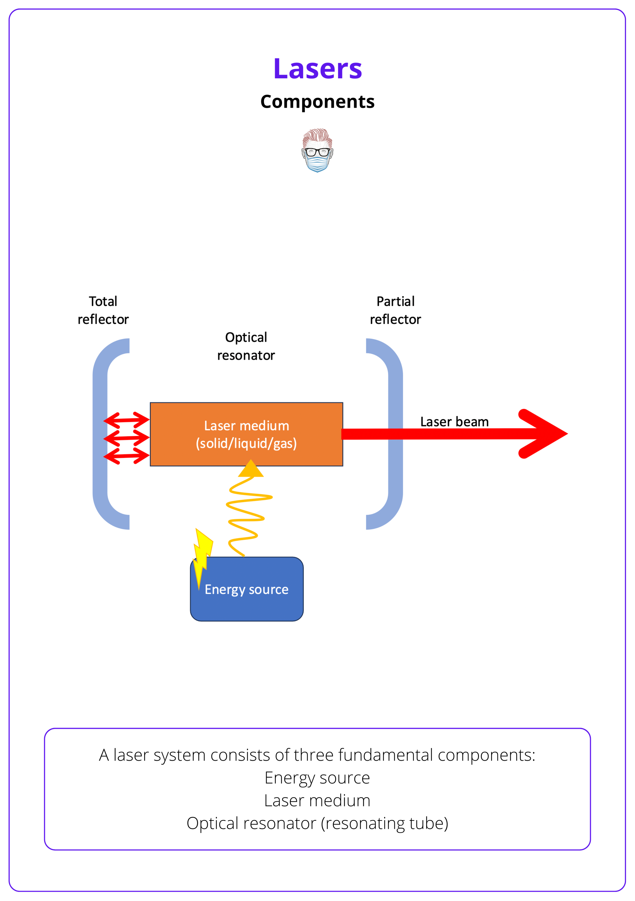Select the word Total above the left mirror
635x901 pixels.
pos(103,301)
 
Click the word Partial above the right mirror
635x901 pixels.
pos(395,301)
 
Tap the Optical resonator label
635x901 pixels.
pos(246,346)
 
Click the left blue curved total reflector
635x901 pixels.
pos(100,434)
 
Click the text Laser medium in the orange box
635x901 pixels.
pos(247,426)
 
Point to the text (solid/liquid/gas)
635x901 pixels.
pos(247,443)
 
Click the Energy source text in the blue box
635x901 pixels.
pos(247,589)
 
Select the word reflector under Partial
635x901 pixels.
pos(395,319)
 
